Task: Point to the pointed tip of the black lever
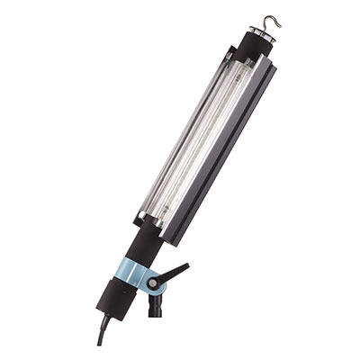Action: tap(188, 265)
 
